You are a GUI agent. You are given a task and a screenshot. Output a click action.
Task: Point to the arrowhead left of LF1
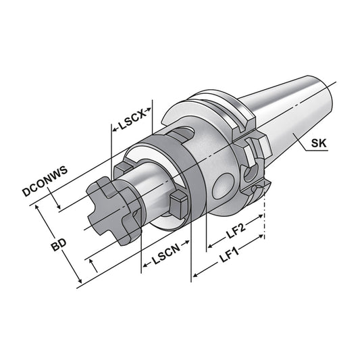196,274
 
